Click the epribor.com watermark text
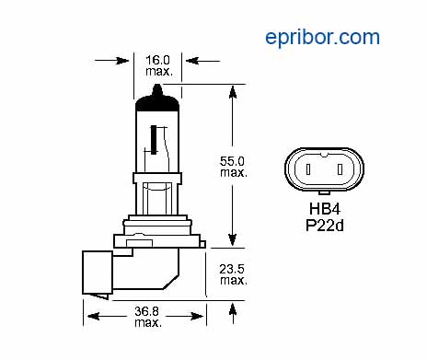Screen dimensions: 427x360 [322, 39]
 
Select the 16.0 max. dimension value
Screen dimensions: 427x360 [159, 65]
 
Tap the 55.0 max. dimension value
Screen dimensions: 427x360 [234, 167]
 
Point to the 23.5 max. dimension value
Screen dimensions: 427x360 [233, 274]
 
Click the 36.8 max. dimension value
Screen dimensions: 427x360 [148, 317]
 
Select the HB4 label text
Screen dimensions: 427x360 [325, 209]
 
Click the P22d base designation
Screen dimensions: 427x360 [325, 226]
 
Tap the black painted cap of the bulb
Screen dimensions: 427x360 [157, 103]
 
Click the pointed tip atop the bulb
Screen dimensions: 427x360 [157, 85]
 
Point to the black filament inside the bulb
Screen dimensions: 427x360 [154, 140]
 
